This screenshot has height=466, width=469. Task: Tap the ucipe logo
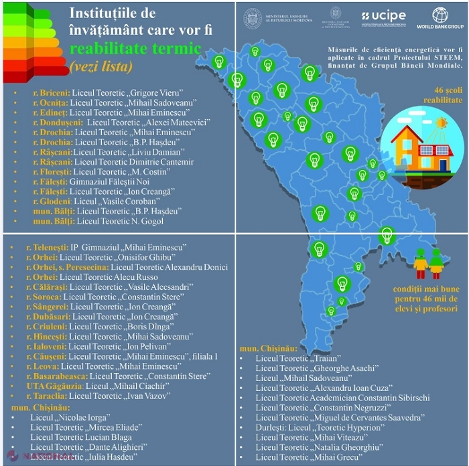383,16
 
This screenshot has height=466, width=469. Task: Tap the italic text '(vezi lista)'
100,67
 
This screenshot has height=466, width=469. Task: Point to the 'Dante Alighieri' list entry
88,446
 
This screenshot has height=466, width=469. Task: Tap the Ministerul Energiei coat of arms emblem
253,17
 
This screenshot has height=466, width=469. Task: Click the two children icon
428,263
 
